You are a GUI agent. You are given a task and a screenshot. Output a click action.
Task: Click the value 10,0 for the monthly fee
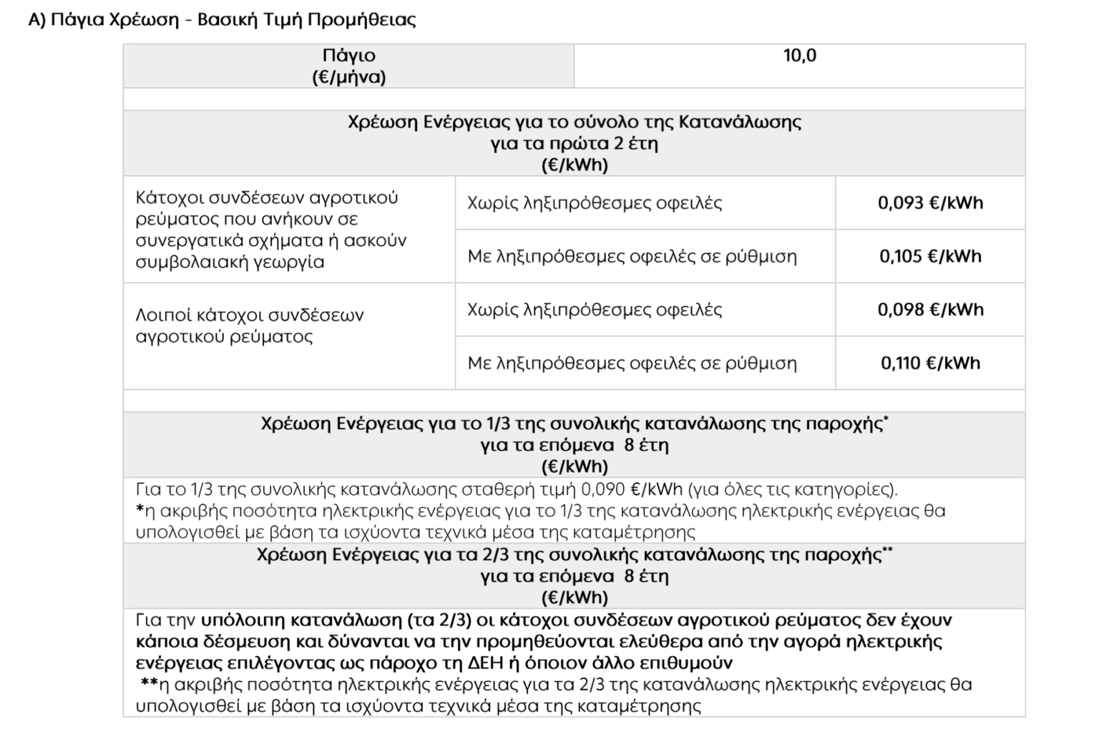click(799, 56)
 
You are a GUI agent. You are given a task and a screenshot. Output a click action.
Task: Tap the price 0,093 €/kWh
click(930, 203)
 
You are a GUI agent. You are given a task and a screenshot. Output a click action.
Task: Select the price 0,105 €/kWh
click(930, 256)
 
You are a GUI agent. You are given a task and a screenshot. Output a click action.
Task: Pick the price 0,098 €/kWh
click(930, 310)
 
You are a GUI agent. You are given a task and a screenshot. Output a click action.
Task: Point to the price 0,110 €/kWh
click(930, 363)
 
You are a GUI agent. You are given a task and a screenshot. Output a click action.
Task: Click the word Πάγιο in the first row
click(348, 56)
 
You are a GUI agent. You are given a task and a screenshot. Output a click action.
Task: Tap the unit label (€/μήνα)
click(348, 77)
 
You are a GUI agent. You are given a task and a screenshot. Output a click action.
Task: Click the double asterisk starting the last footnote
click(149, 684)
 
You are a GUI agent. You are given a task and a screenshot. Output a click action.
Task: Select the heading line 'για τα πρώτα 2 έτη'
click(574, 143)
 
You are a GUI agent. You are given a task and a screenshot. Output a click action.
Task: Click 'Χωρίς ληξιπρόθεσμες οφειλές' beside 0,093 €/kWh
click(595, 203)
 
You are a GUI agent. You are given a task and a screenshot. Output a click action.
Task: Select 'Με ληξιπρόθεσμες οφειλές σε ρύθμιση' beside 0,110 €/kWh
click(632, 363)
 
